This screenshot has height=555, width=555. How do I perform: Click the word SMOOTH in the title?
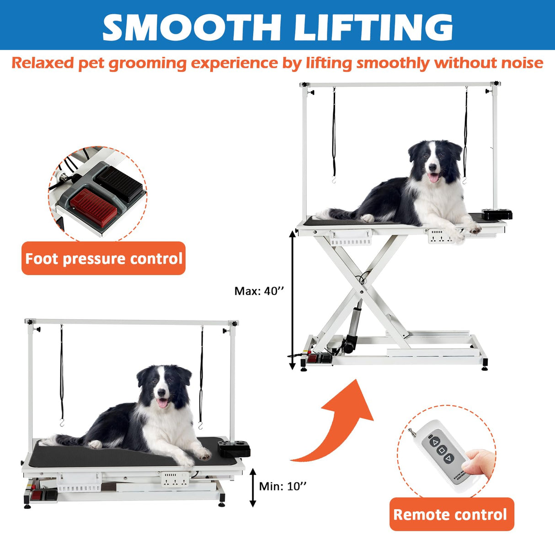(192, 27)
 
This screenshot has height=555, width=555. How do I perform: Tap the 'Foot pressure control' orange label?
(103, 259)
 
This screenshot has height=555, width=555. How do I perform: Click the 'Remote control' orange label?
(451, 514)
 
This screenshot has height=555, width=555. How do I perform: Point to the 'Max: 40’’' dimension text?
(259, 291)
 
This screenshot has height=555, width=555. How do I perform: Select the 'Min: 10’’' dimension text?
(283, 486)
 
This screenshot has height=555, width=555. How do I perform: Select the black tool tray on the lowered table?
(234, 448)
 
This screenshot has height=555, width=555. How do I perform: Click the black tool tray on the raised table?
(497, 214)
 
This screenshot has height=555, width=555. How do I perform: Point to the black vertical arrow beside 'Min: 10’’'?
(253, 487)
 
